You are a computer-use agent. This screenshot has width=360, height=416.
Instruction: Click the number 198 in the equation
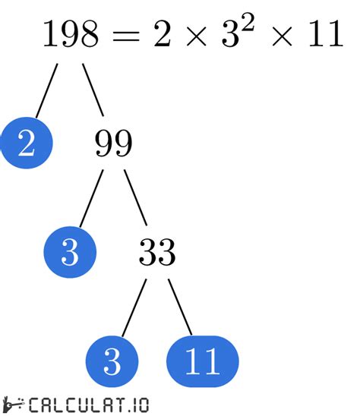[x=70, y=34]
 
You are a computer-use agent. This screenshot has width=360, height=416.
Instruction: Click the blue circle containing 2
[x=26, y=143]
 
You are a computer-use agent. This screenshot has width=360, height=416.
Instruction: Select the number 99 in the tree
[x=112, y=143]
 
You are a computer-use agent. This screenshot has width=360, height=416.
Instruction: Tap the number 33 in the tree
[x=156, y=252]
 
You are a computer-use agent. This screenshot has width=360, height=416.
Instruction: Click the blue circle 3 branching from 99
[x=70, y=252]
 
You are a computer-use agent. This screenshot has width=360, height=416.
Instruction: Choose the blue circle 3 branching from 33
[x=112, y=361]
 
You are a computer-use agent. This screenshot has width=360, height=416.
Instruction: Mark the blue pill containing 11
[x=201, y=361]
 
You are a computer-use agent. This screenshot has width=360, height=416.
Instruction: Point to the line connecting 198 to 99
[x=93, y=89]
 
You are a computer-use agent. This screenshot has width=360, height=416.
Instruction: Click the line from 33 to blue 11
[x=180, y=307]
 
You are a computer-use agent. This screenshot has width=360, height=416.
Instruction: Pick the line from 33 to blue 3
[x=134, y=307]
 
